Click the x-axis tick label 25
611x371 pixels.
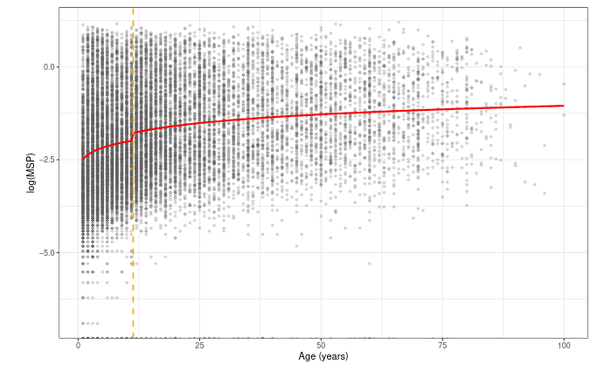point(200,346)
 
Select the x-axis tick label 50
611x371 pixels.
point(322,346)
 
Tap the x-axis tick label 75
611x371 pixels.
point(442,346)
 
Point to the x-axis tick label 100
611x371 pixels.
point(564,346)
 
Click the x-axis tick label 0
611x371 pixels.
point(79,346)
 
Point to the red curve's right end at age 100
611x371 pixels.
point(564,106)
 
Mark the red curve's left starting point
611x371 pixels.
point(84,158)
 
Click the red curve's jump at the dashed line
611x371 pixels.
point(133,135)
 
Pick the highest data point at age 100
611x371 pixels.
point(564,84)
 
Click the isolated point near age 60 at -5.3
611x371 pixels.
point(370,263)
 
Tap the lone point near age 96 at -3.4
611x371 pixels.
point(544,194)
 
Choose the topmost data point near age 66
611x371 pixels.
point(399,22)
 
